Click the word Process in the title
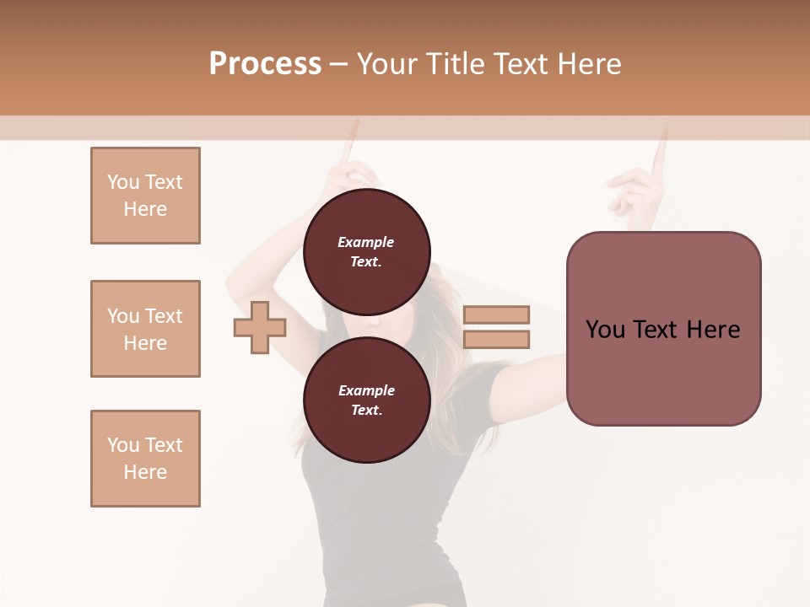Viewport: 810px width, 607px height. tap(265, 64)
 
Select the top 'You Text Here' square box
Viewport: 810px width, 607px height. tap(145, 196)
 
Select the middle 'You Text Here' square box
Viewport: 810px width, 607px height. tap(145, 329)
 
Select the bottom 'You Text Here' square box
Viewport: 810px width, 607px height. tap(145, 459)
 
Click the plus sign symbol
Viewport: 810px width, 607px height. tap(260, 328)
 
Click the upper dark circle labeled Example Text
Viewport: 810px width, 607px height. tap(366, 251)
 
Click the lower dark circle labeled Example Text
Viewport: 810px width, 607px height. tap(366, 400)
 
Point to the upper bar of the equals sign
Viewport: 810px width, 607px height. tap(496, 314)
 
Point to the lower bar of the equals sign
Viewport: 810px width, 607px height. tap(496, 340)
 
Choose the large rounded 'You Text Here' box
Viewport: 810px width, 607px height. tap(663, 329)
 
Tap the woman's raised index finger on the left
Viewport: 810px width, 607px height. tap(351, 142)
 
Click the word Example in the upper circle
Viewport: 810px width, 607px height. tap(366, 242)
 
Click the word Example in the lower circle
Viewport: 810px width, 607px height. tap(366, 390)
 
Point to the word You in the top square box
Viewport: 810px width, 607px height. tap(122, 182)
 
